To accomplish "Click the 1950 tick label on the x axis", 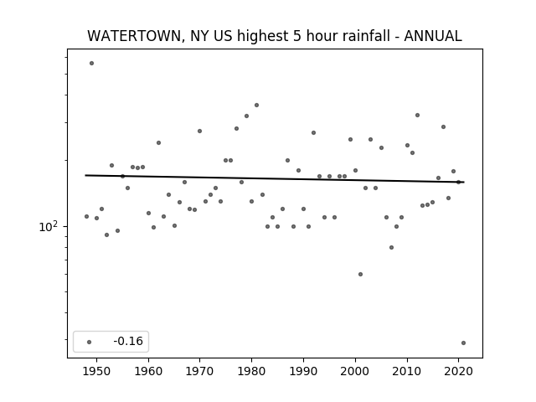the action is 97,371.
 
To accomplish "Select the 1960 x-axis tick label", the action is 148,371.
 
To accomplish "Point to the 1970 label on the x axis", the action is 199,371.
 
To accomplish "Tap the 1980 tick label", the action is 251,371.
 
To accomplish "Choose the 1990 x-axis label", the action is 303,371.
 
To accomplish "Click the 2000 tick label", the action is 355,371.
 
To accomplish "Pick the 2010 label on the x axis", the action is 407,371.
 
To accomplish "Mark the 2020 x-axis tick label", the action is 458,371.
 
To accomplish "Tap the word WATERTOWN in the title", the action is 134,36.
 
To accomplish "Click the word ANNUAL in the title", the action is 433,36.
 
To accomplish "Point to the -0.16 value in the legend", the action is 128,341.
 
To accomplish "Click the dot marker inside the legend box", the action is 90,342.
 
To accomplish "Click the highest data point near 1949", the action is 91,64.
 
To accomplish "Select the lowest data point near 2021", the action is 463,343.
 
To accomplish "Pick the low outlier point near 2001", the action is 360,274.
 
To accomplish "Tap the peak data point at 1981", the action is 257,106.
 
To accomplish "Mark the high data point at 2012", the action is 417,116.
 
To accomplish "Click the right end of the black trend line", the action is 464,183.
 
